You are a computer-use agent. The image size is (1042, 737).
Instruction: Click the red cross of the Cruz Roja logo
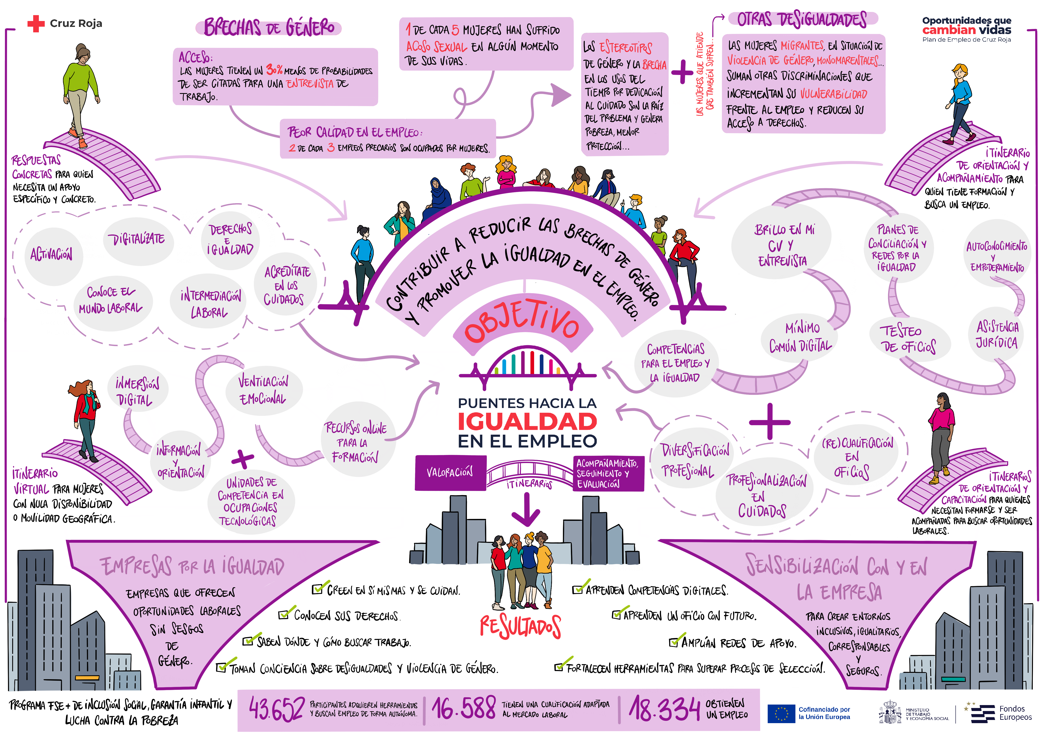36,24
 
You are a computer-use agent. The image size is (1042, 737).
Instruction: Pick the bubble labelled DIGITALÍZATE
136,239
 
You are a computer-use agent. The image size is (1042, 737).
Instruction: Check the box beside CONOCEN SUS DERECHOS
284,615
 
